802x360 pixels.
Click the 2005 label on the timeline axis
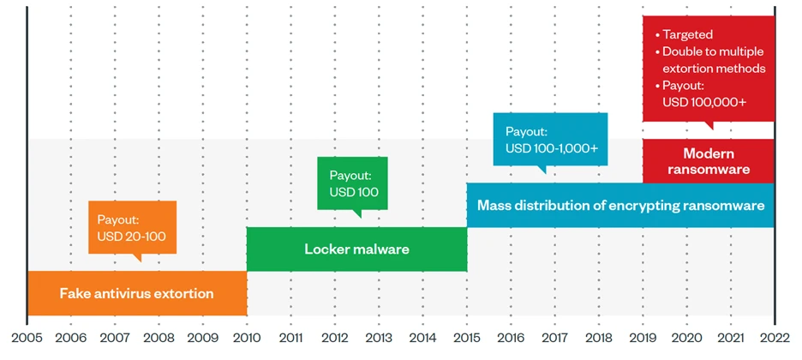(27, 339)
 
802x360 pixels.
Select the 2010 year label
(247, 339)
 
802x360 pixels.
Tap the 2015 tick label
(467, 339)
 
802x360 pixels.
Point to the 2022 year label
(775, 339)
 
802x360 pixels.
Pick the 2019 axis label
(643, 339)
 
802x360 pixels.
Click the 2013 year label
(379, 339)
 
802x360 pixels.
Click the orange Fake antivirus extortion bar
(137, 293)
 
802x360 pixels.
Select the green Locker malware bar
(357, 249)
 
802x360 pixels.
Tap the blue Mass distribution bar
(621, 205)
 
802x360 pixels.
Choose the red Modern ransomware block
(709, 161)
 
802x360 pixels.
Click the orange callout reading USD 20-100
(133, 228)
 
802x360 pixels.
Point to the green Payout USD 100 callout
(352, 184)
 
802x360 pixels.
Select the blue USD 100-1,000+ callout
(550, 140)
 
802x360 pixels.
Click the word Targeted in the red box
(687, 35)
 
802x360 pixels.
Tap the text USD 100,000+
(704, 102)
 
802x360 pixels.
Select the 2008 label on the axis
(159, 339)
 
